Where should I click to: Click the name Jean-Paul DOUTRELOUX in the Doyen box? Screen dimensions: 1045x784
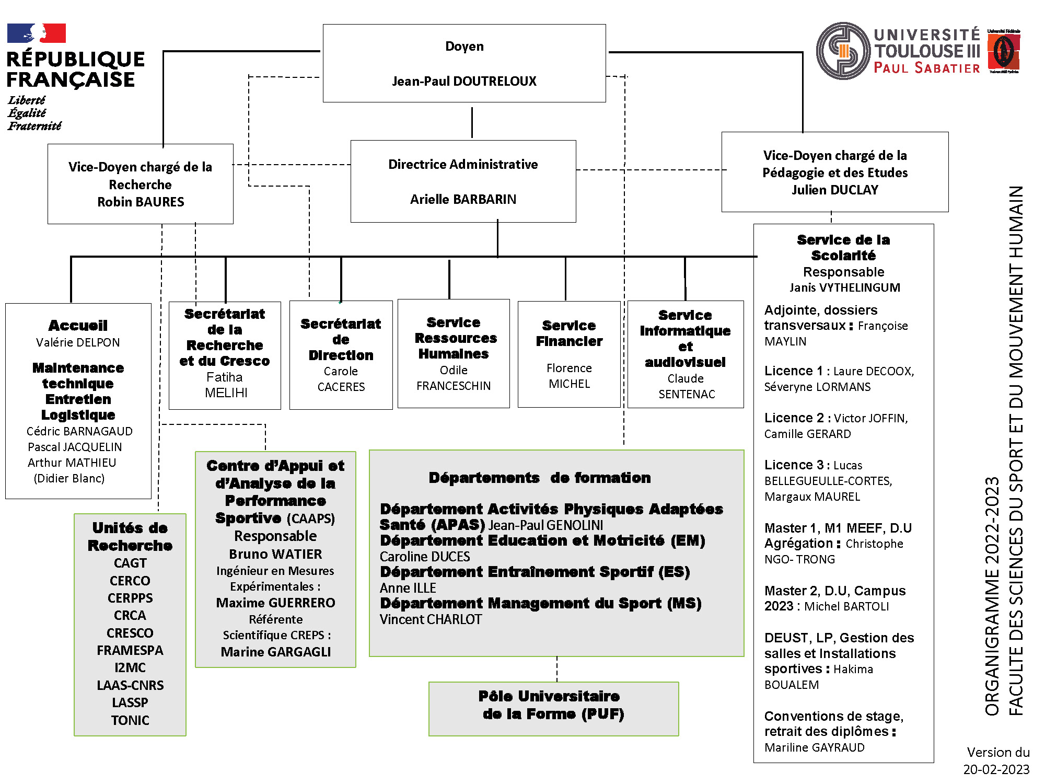click(464, 81)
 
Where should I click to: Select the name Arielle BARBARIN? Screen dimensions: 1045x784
click(463, 199)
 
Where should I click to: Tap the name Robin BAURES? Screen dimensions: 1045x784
click(141, 202)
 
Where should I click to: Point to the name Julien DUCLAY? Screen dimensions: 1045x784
click(835, 190)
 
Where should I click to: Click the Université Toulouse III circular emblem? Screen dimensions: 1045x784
click(843, 51)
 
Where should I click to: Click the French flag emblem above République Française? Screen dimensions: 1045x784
click(37, 33)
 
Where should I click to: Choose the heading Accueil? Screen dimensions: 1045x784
click(78, 326)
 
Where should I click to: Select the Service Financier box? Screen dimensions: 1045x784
click(569, 354)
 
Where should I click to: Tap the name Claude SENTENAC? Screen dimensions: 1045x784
click(686, 386)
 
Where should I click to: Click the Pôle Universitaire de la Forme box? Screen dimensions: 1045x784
click(553, 709)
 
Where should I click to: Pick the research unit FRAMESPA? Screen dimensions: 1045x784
click(130, 650)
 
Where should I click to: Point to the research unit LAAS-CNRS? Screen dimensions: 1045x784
click(130, 685)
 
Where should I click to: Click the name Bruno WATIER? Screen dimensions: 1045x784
click(275, 554)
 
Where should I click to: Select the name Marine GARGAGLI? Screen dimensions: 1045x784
click(275, 652)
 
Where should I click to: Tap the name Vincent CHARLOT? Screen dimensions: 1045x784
click(431, 619)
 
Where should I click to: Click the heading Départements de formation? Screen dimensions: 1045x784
click(540, 478)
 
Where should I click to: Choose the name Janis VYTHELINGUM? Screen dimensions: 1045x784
click(844, 287)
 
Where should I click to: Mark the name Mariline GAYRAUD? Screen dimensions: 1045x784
click(814, 747)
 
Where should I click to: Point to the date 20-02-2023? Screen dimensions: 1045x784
click(996, 769)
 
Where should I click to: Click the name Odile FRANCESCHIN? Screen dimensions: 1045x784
click(454, 378)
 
